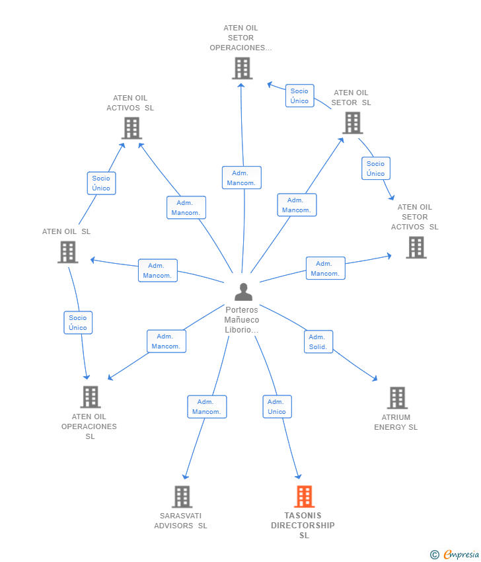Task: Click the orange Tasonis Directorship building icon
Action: tap(304, 496)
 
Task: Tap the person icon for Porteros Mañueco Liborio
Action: tap(243, 292)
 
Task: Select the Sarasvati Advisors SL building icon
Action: tap(182, 496)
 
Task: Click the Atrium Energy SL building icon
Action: tap(397, 398)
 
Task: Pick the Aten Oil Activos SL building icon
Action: tap(131, 128)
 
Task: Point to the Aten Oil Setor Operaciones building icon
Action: tap(242, 68)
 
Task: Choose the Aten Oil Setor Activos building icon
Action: tap(416, 247)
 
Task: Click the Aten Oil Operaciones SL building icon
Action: tap(91, 397)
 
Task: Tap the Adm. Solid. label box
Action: tap(318, 341)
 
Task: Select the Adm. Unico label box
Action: tap(277, 407)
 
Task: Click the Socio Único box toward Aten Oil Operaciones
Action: tap(78, 323)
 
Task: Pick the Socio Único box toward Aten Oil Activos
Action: tap(101, 183)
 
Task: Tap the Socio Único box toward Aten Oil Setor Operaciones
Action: tap(299, 96)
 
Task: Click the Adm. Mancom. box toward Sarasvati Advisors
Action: tap(207, 407)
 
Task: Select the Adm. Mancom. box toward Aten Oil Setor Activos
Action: tap(325, 268)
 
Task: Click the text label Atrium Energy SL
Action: tap(396, 422)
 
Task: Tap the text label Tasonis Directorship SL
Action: tap(303, 525)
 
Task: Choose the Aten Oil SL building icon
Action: tap(67, 252)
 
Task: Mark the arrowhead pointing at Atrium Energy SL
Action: tap(375, 378)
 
